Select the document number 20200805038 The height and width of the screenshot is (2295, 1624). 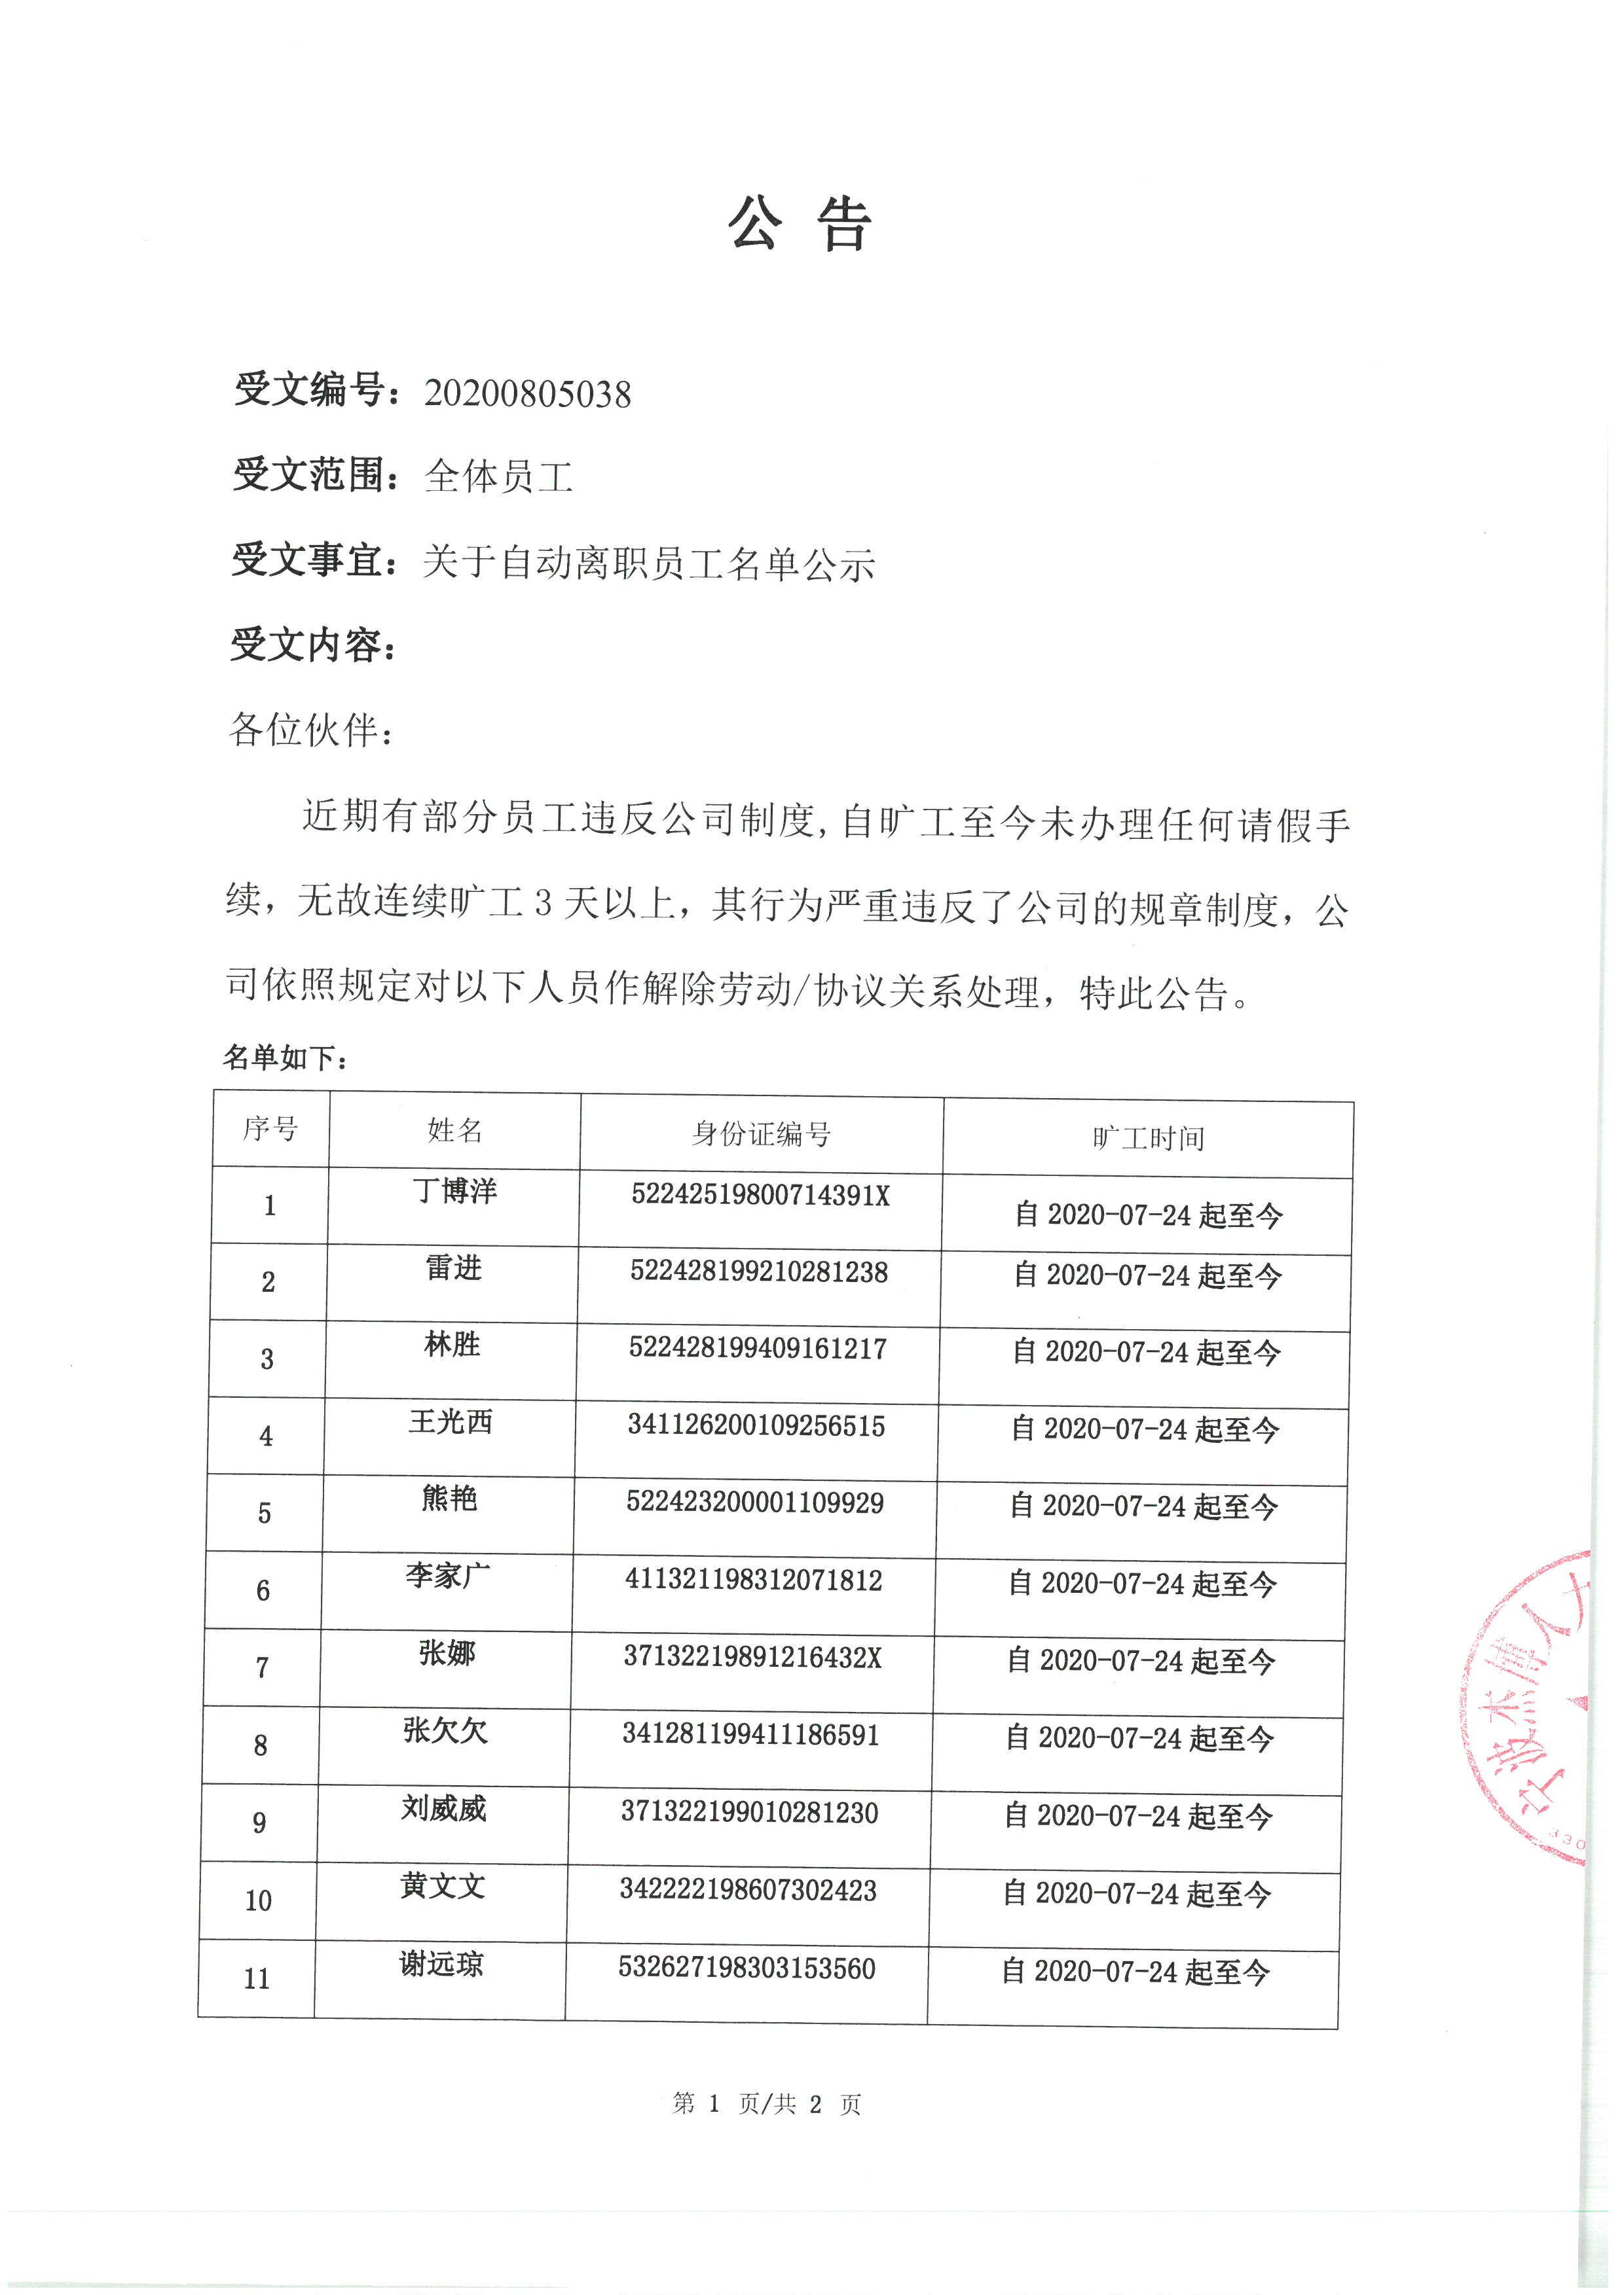(527, 394)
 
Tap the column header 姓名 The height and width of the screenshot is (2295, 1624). (455, 1131)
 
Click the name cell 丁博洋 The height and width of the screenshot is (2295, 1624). (455, 1190)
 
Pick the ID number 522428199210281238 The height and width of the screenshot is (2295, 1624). (758, 1272)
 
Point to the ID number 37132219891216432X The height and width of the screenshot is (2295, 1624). (752, 1656)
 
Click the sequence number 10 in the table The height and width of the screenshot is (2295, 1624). (258, 1900)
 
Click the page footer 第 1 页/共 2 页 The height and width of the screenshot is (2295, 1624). (766, 2103)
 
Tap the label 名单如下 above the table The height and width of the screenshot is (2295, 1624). (285, 1057)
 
